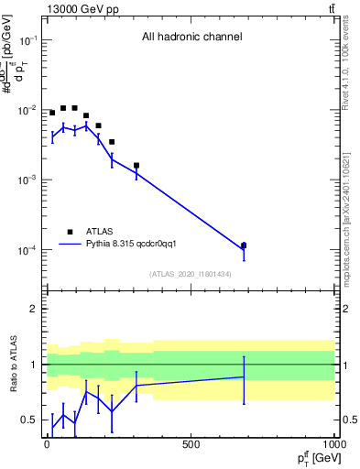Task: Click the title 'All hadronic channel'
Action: pos(191,37)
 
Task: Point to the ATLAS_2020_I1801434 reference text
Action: pos(191,274)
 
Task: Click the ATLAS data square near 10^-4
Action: pos(244,245)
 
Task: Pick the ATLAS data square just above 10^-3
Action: pos(136,166)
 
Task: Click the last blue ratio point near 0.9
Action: pos(244,376)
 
